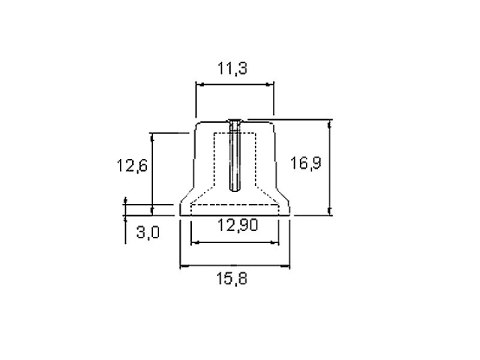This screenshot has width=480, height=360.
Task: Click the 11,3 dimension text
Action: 234,69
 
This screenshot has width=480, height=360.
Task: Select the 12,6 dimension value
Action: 130,167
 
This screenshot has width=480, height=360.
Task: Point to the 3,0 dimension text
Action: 147,232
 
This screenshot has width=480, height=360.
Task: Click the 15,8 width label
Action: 233,281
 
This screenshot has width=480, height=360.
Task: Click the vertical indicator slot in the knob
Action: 234,156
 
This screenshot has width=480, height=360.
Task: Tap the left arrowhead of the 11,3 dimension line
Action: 198,86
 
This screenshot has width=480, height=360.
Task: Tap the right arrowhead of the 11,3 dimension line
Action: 269,86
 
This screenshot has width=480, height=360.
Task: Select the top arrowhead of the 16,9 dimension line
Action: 330,123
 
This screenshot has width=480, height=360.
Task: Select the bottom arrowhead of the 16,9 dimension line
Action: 330,212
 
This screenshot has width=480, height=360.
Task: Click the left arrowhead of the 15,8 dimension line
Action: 182,266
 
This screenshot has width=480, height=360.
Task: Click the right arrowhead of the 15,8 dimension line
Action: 286,266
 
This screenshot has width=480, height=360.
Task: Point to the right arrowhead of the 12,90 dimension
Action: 275,241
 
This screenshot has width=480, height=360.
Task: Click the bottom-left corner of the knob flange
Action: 179,214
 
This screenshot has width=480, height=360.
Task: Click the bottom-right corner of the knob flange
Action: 289,214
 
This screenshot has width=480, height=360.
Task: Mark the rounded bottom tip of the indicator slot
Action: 234,190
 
